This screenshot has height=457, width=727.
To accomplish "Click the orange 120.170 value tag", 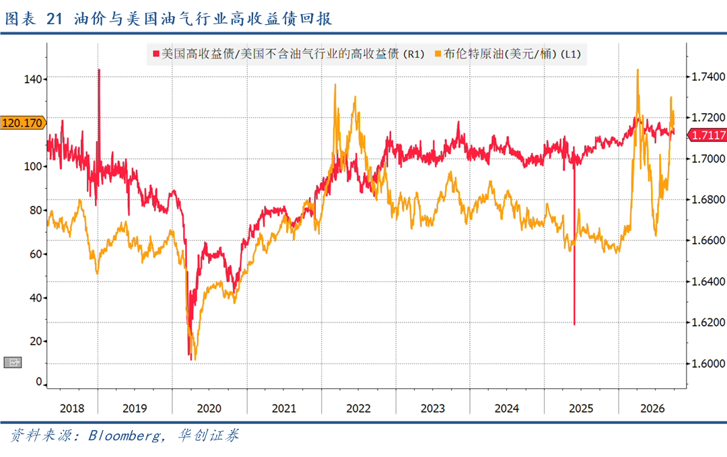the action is pyautogui.click(x=23, y=122).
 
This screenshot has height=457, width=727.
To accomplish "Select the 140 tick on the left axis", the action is pyautogui.click(x=33, y=79).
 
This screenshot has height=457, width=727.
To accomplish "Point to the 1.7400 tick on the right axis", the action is pyautogui.click(x=708, y=77).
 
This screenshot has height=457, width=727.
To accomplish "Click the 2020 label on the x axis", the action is pyautogui.click(x=209, y=409).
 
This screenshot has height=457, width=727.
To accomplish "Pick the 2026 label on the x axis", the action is pyautogui.click(x=652, y=409).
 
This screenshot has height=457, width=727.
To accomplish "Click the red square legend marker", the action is pyautogui.click(x=156, y=55).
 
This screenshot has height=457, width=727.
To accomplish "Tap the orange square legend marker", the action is pyautogui.click(x=438, y=55).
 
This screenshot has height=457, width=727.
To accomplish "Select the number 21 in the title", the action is pyautogui.click(x=55, y=19).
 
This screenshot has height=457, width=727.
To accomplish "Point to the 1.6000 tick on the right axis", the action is pyautogui.click(x=708, y=363).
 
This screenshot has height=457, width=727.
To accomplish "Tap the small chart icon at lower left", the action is pyautogui.click(x=13, y=363).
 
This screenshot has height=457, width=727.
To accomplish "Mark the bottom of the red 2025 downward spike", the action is pyautogui.click(x=574, y=324).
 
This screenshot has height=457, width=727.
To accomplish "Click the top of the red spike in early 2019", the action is pyautogui.click(x=99, y=69).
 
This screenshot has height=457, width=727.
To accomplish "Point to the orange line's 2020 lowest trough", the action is pyautogui.click(x=195, y=359).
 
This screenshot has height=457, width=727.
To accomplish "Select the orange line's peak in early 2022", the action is pyautogui.click(x=335, y=85).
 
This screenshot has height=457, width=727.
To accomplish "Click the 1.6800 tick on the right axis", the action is pyautogui.click(x=708, y=200).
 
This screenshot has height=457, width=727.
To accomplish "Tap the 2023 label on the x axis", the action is pyautogui.click(x=433, y=409).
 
